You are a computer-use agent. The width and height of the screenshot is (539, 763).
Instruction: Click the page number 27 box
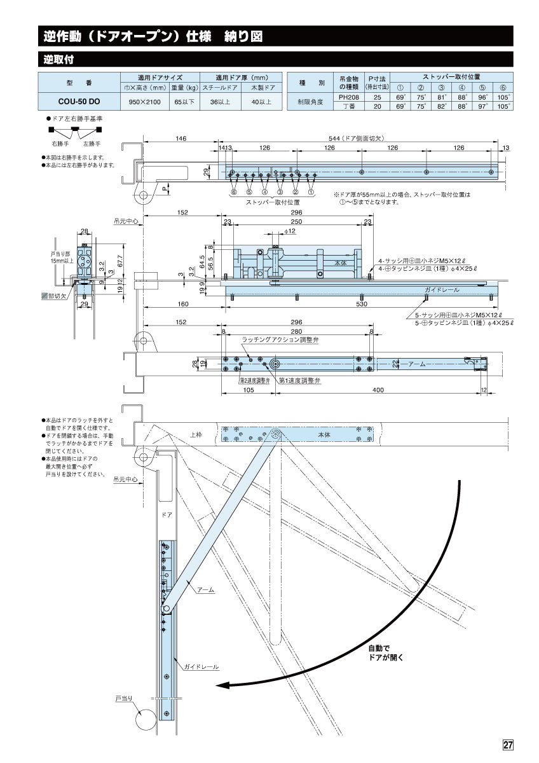click(x=507, y=745)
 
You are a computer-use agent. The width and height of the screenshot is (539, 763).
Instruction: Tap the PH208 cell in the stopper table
click(x=348, y=97)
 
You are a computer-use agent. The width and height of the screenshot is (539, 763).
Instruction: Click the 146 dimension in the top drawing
click(x=181, y=138)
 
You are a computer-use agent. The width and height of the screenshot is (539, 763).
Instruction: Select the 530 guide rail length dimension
click(x=361, y=304)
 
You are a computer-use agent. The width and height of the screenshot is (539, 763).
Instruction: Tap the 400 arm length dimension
click(x=378, y=390)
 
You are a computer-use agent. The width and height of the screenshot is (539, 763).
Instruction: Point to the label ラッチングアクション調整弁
click(x=280, y=341)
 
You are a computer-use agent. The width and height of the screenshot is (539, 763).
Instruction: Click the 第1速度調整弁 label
click(x=300, y=380)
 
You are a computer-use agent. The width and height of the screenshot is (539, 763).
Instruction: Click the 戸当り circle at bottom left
click(x=146, y=719)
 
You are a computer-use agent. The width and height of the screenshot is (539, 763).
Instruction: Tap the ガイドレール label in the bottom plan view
click(x=201, y=667)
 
